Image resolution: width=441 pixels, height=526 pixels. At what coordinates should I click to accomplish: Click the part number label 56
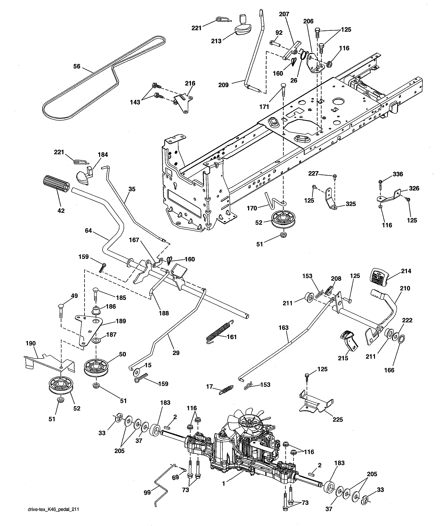pyautogui.click(x=77, y=66)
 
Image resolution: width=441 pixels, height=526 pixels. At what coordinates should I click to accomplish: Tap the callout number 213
pyautogui.click(x=216, y=41)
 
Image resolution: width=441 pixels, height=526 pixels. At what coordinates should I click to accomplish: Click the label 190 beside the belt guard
pyautogui.click(x=31, y=343)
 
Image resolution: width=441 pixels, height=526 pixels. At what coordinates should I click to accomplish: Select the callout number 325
pyautogui.click(x=351, y=204)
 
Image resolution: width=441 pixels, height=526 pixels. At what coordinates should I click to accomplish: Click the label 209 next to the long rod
pyautogui.click(x=223, y=85)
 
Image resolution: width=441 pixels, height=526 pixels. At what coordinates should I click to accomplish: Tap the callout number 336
pyautogui.click(x=398, y=174)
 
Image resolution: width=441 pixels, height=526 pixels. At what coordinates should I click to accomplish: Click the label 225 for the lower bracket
pyautogui.click(x=338, y=419)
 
